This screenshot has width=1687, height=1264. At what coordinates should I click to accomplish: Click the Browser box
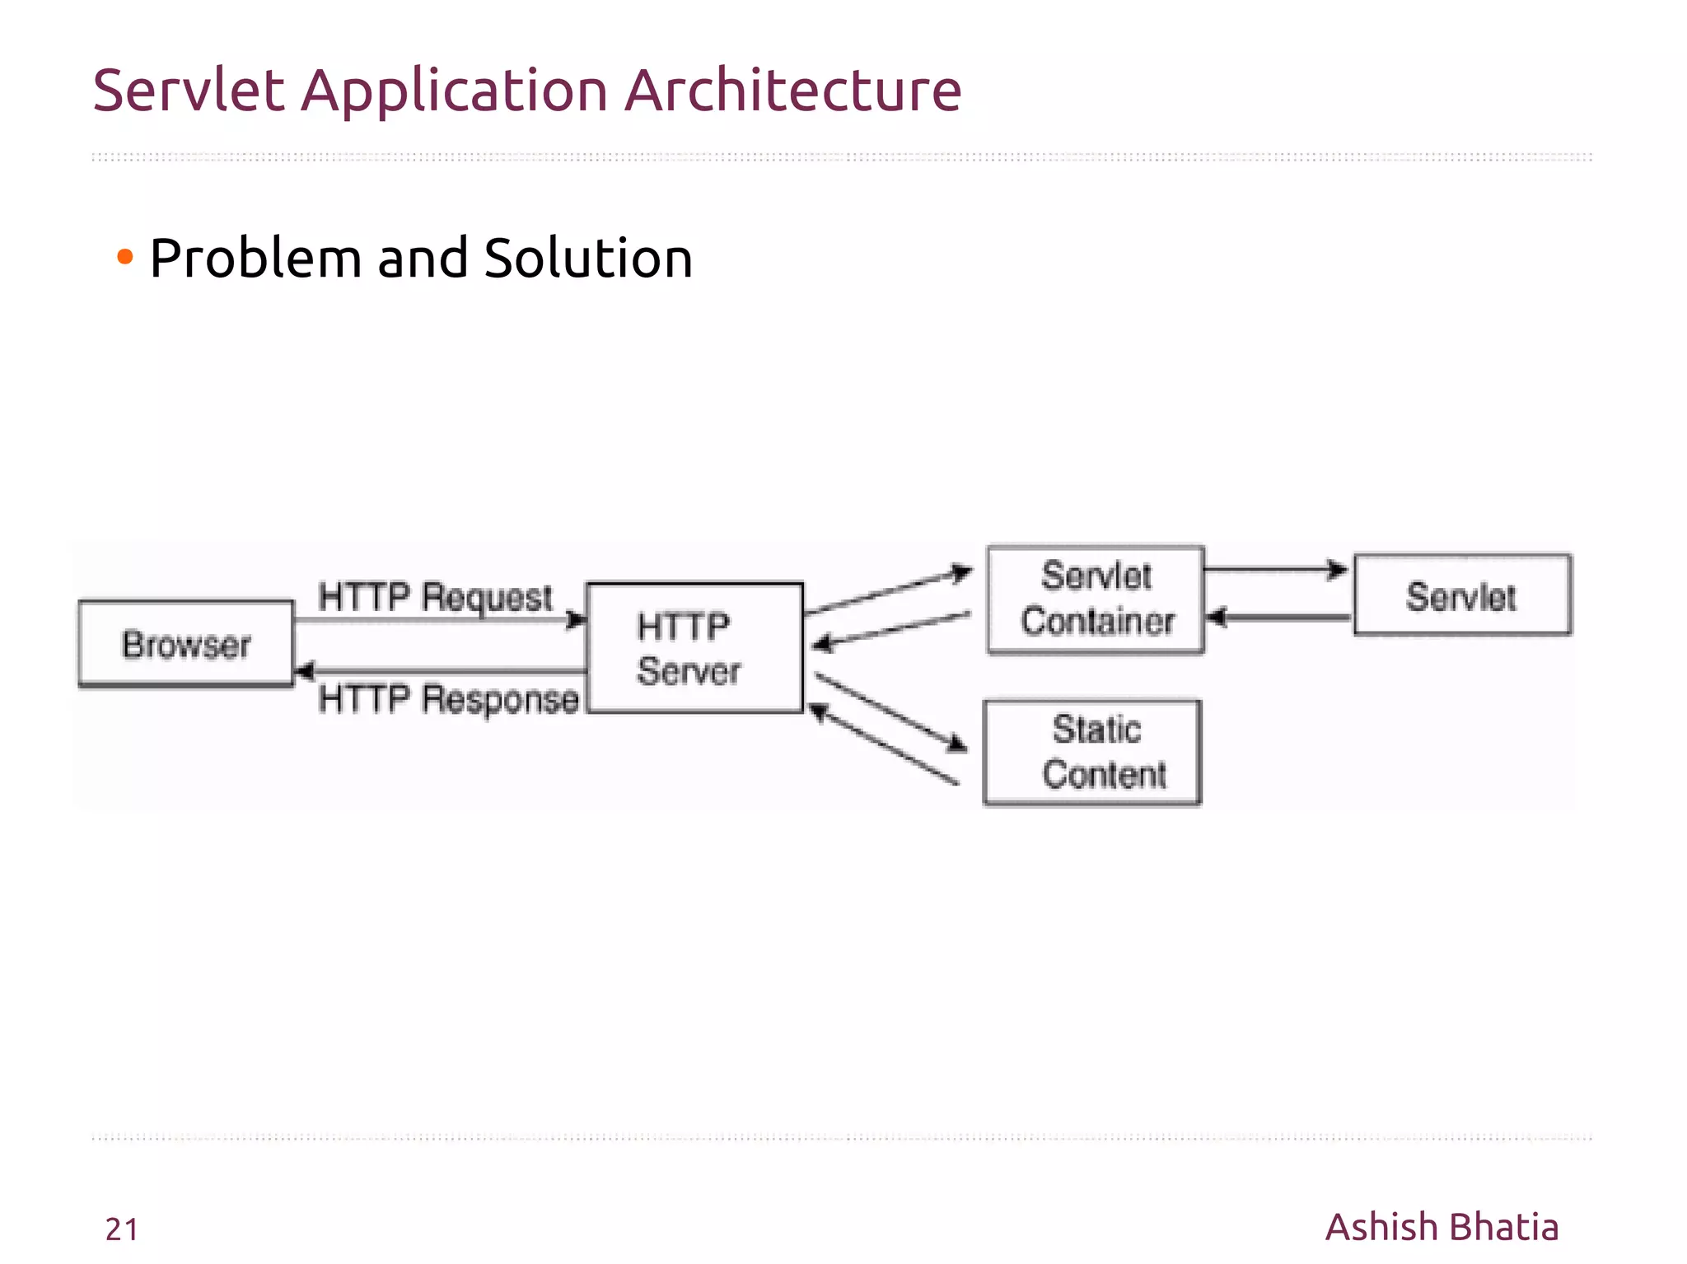click(185, 644)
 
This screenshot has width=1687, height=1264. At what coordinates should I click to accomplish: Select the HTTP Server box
click(694, 648)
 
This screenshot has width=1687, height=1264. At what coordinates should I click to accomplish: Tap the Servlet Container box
click(1096, 599)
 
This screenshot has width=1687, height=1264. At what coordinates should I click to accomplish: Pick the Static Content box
click(1092, 753)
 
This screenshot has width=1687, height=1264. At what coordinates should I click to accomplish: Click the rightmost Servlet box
click(1462, 595)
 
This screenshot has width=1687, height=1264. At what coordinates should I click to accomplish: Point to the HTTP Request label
click(435, 596)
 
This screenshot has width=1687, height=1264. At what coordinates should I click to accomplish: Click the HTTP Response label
click(448, 699)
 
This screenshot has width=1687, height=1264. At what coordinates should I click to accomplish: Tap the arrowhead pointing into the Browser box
click(303, 671)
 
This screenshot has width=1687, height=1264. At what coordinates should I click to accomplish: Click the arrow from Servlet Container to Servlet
click(1275, 569)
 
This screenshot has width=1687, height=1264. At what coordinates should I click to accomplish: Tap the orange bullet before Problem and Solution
click(125, 258)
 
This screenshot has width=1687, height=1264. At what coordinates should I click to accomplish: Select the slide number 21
click(122, 1229)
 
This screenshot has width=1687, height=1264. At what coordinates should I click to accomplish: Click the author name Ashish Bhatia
click(1442, 1227)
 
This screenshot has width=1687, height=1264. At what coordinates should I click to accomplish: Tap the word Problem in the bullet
click(256, 259)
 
